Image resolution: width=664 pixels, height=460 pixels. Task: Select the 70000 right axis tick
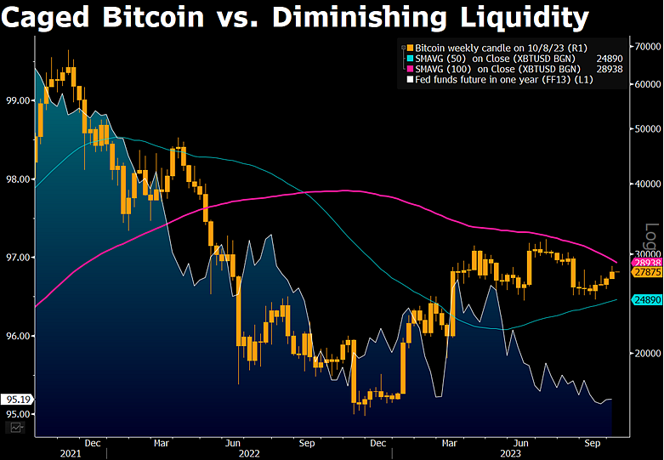644,45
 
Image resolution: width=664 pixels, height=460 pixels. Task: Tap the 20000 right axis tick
644,353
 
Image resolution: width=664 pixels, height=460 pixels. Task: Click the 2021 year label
71,453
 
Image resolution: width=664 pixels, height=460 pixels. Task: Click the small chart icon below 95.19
15,428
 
